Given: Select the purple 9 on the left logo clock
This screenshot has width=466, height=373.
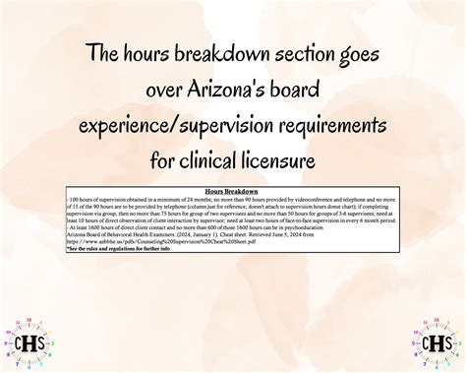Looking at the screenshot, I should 9,345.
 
